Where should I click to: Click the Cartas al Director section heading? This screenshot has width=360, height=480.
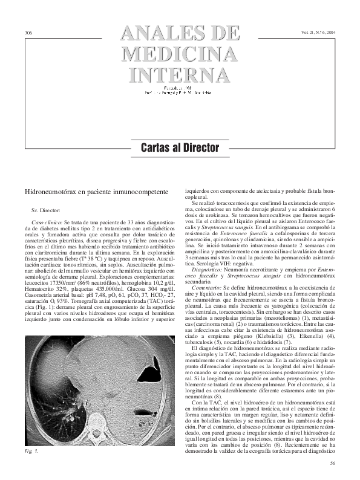180,147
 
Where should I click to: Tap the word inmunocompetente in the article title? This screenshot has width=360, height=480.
139,191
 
